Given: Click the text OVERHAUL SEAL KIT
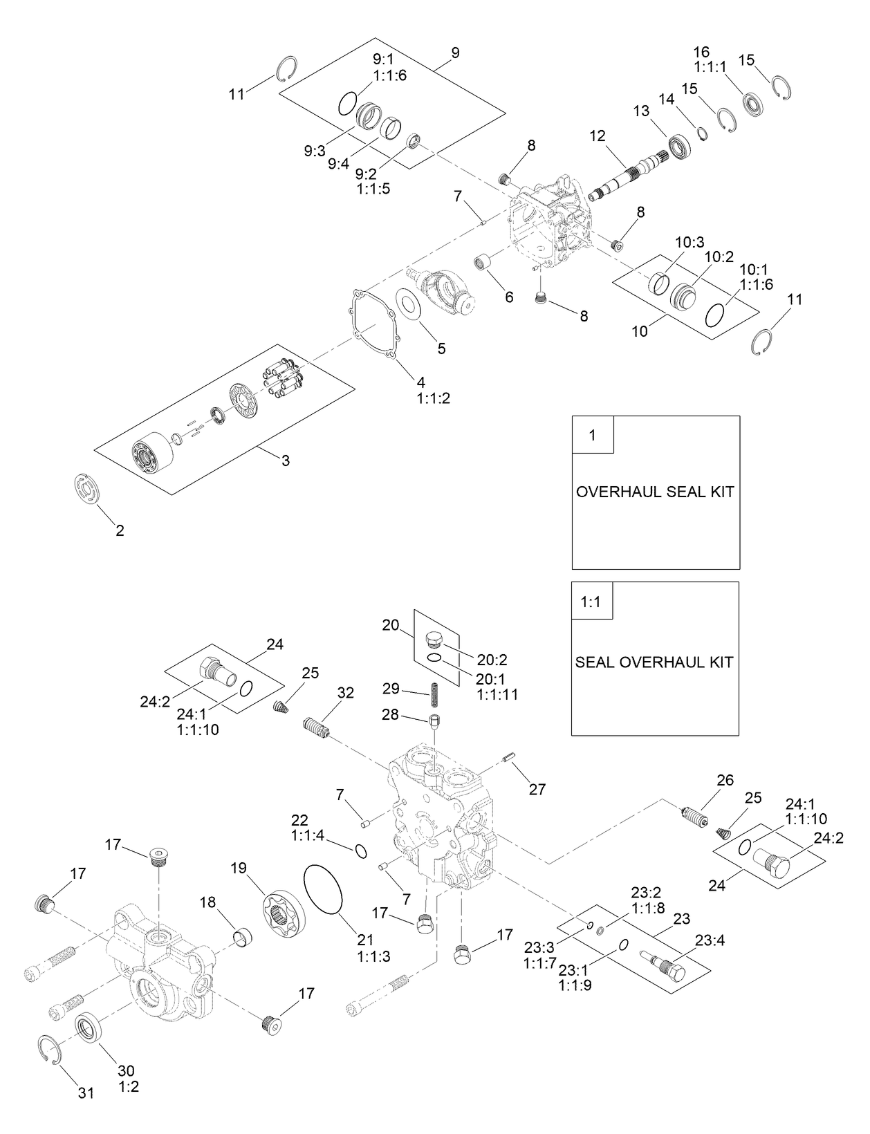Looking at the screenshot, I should [655, 492].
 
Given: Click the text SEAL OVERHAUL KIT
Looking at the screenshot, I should [654, 662].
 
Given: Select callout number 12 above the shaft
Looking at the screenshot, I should [597, 136].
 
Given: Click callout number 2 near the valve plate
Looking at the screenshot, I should [120, 531].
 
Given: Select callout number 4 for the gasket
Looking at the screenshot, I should [420, 382].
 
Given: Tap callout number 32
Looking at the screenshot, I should [345, 692].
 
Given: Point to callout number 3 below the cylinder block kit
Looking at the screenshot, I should [286, 461].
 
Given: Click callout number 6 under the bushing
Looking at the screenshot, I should [509, 297].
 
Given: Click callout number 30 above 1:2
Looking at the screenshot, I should [128, 1069].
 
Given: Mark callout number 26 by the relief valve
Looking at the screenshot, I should [725, 781].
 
